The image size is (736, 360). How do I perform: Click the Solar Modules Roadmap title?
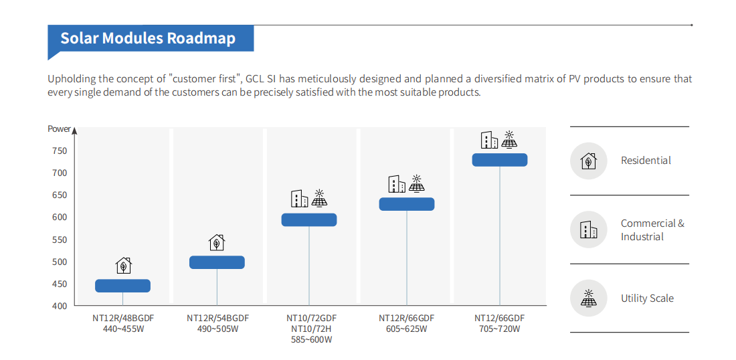click(148, 38)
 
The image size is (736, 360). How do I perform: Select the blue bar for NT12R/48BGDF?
click(122, 286)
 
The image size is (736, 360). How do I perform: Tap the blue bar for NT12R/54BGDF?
click(217, 262)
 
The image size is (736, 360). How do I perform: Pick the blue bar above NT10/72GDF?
click(309, 219)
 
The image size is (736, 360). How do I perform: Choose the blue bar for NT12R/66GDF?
click(407, 204)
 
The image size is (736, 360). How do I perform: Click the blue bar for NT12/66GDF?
click(500, 159)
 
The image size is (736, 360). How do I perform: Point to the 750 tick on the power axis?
click(60, 151)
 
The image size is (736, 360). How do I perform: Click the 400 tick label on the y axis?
click(60, 306)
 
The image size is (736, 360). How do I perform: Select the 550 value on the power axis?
click(60, 240)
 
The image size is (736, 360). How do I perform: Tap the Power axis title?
click(59, 128)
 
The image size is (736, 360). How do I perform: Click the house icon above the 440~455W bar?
click(123, 266)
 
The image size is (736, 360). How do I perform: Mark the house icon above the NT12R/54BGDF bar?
click(217, 242)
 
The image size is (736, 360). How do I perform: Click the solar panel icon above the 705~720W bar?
click(509, 139)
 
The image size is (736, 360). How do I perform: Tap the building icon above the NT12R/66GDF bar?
click(397, 184)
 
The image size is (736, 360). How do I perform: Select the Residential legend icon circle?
click(588, 161)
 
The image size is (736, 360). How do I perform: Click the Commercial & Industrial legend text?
click(652, 230)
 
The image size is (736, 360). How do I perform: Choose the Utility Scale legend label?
click(647, 298)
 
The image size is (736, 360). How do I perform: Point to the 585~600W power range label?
click(311, 339)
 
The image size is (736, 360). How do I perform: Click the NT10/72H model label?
click(311, 329)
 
